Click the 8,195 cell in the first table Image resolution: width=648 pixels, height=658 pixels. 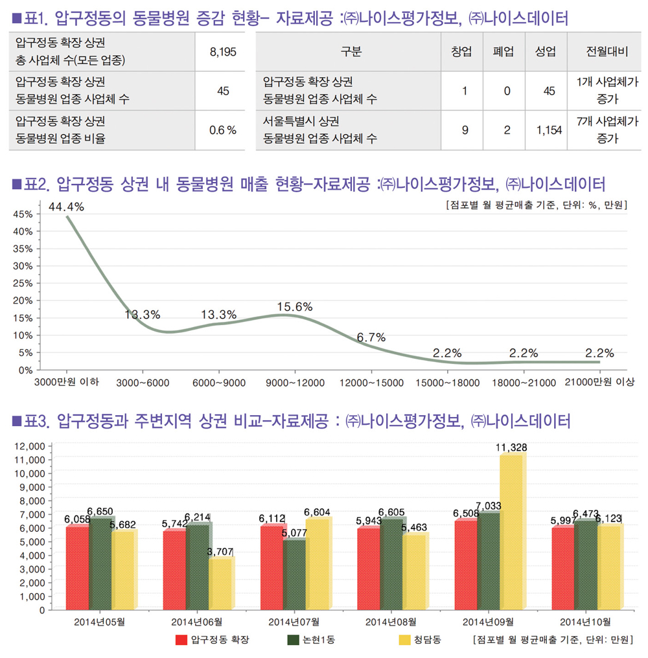coord(223,53)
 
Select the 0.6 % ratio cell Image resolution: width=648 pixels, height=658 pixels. coord(223,130)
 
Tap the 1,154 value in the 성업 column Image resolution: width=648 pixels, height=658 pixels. coord(549,130)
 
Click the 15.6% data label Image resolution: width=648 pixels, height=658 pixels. coord(295,307)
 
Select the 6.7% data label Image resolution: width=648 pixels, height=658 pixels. coord(371,337)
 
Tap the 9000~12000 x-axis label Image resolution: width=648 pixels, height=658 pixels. coord(295,383)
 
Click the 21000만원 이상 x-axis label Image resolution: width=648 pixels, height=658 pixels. coord(599,383)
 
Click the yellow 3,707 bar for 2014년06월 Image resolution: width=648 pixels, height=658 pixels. coord(220,583)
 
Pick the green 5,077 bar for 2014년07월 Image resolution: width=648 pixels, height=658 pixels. coord(294,574)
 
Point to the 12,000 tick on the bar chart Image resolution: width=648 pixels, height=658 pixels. coord(28,446)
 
